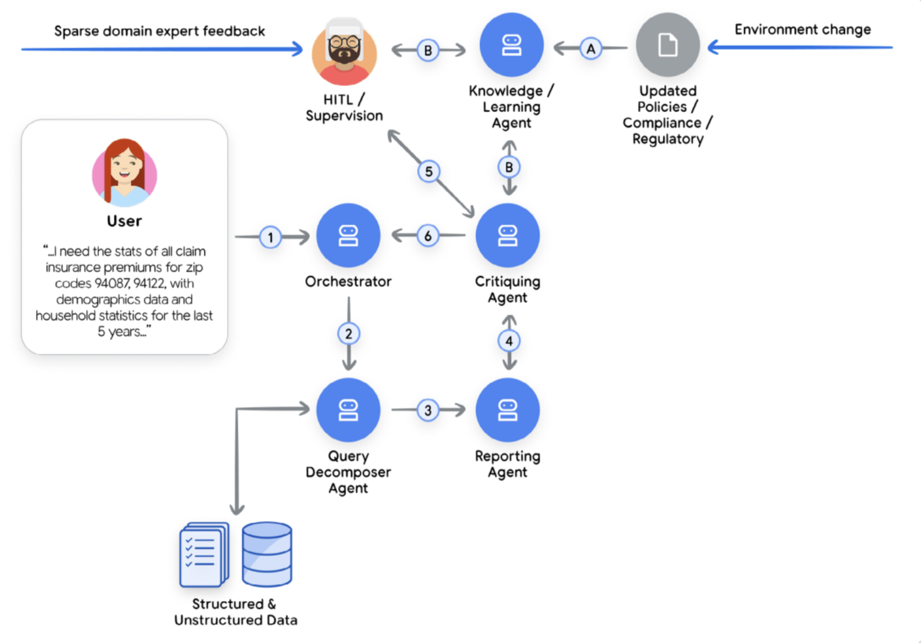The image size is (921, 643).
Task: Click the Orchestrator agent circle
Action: click(x=348, y=235)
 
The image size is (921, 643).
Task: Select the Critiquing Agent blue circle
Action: click(x=507, y=235)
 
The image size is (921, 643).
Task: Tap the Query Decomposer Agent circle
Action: click(x=348, y=410)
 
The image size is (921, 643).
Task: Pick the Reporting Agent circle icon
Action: click(x=507, y=410)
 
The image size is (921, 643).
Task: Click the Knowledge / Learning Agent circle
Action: click(x=511, y=45)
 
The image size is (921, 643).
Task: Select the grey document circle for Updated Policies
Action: click(x=668, y=45)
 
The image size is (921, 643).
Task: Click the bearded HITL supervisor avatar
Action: click(x=344, y=51)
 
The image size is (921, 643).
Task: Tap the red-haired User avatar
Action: click(x=124, y=172)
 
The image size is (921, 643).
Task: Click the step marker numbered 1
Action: click(x=270, y=238)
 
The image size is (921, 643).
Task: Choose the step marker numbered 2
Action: click(x=348, y=334)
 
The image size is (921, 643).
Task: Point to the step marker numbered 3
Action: click(x=428, y=410)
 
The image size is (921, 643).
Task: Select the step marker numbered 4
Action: click(x=509, y=341)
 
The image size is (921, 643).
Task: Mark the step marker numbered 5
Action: click(x=429, y=172)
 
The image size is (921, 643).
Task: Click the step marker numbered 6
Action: click(x=428, y=236)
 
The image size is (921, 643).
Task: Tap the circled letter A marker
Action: click(x=591, y=49)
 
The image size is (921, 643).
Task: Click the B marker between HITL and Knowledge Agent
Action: click(x=428, y=50)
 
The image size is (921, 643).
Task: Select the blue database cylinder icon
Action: click(x=267, y=554)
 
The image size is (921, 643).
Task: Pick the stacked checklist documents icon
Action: click(x=204, y=554)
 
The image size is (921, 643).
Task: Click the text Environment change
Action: click(x=802, y=29)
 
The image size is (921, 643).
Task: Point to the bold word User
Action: click(x=124, y=221)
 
